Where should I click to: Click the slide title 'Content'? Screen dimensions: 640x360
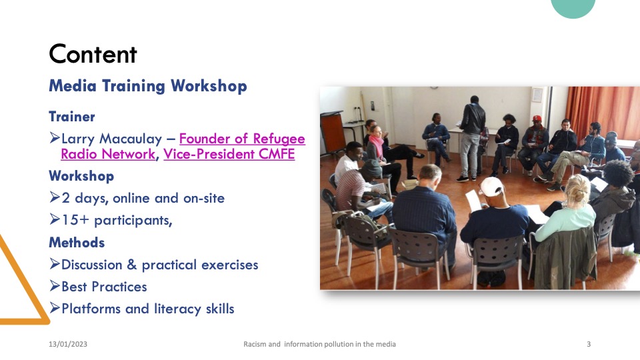tap(93, 54)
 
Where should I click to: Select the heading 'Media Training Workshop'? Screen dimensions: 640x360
tap(148, 86)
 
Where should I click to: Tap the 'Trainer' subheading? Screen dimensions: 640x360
tap(72, 116)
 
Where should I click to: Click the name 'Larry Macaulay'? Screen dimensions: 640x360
tap(111, 139)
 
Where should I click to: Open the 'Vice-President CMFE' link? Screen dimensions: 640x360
tap(229, 154)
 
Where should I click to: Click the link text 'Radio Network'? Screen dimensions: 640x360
tap(108, 154)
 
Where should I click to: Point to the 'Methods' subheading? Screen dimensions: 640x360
tap(77, 243)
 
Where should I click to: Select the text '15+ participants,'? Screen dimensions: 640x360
tap(117, 221)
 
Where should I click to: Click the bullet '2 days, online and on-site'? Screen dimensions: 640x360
tap(143, 199)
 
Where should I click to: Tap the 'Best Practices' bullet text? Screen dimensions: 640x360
tap(104, 287)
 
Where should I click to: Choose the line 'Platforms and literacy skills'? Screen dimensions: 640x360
tap(148, 309)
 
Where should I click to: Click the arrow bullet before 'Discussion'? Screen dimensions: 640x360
tap(55, 264)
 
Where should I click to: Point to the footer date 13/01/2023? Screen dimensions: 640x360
tap(68, 344)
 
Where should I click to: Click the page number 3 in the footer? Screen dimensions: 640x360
tap(589, 344)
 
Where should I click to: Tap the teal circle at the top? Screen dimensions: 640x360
tap(573, 7)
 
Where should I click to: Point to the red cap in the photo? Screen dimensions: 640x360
tap(537, 119)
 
